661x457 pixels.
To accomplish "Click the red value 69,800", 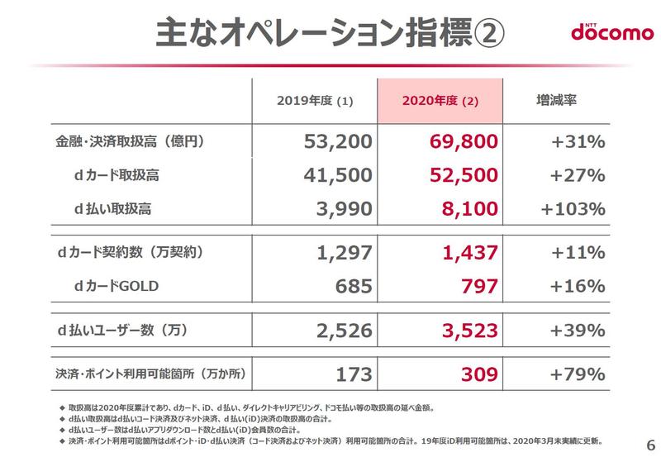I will (x=464, y=142).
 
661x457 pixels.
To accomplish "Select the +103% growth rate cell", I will (x=573, y=207).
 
